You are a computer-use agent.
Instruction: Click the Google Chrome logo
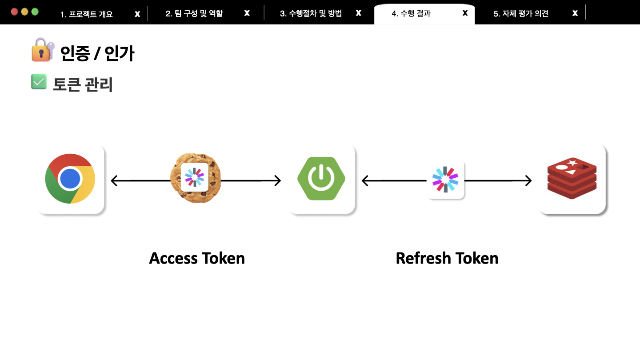70,179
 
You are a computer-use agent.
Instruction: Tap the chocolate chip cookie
196,178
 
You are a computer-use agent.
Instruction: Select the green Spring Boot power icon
321,178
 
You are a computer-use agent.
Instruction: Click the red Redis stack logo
572,179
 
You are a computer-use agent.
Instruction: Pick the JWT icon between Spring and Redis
445,179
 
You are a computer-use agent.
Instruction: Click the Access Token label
197,258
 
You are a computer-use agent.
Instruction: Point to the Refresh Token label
447,258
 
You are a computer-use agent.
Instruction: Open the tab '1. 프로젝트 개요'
87,14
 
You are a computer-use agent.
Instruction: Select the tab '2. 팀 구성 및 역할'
194,13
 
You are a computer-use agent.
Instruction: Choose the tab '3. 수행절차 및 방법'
311,13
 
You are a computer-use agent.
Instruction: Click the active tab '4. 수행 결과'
411,13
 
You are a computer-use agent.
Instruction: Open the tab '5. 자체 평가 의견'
521,13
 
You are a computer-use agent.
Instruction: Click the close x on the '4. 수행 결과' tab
465,13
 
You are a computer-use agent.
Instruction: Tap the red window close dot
14,12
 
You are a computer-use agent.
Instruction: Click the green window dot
35,12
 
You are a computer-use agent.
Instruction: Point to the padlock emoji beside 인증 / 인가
42,50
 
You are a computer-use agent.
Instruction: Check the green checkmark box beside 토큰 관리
39,82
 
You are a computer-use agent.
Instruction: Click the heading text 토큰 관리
83,84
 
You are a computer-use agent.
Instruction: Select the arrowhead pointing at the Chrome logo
114,181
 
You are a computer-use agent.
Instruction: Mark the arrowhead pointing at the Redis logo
528,181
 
